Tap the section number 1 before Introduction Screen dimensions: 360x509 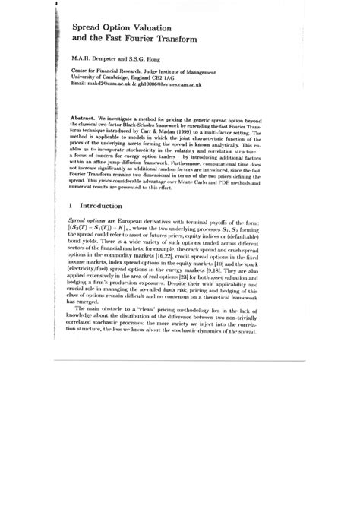[71, 205]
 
